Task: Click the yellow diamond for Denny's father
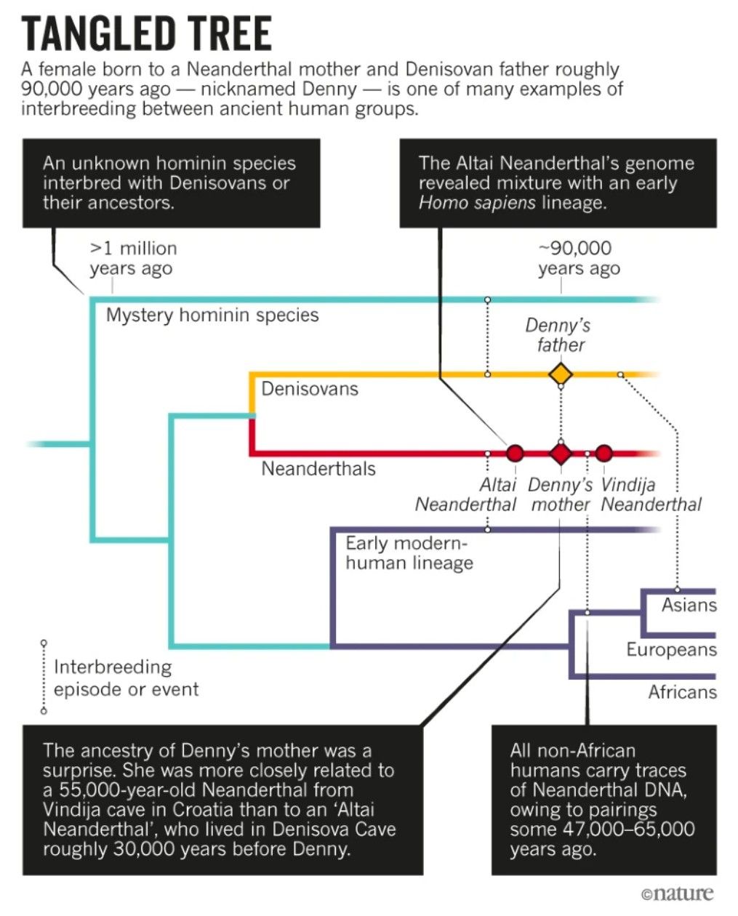click(x=560, y=374)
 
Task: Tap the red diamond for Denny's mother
click(x=560, y=453)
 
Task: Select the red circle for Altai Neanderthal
click(x=515, y=453)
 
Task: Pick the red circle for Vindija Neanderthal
click(x=603, y=453)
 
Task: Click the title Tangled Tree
click(x=147, y=34)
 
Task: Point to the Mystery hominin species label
click(x=212, y=316)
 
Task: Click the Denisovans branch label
click(x=310, y=389)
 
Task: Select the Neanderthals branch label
click(x=318, y=468)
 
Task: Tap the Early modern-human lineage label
click(x=409, y=553)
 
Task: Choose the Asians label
click(x=689, y=605)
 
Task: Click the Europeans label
click(x=671, y=649)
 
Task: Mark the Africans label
click(x=682, y=692)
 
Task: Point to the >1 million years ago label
click(x=133, y=258)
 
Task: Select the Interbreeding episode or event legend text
click(x=126, y=678)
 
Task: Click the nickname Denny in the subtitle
click(x=330, y=90)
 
